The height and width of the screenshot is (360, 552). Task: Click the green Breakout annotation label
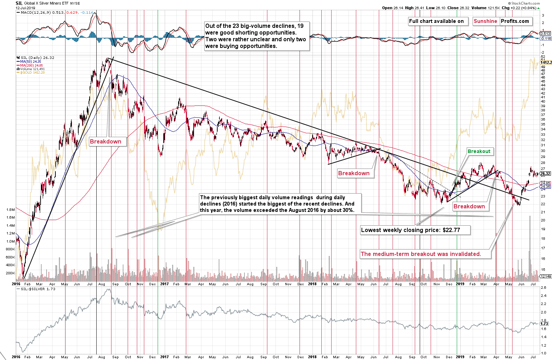479,151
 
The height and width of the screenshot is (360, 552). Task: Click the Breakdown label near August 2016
105,141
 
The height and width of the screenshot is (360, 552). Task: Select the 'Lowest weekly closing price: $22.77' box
415,230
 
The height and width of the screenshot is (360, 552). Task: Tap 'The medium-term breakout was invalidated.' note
421,254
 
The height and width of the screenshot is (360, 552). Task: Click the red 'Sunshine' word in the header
485,21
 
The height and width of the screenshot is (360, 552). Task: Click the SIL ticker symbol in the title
19,3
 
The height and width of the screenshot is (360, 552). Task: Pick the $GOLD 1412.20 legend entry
32,73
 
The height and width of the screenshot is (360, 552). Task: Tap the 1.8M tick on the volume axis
10,209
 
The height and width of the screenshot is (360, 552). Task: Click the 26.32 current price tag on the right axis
545,173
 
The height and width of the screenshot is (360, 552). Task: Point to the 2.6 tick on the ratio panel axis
544,288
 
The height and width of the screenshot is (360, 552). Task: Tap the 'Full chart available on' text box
436,21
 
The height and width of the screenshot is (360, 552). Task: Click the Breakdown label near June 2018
354,173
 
